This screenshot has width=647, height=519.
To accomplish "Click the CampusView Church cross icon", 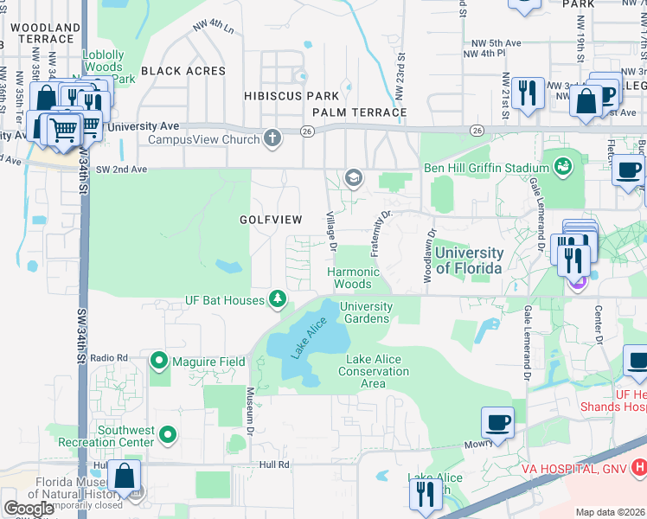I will pos(272,138).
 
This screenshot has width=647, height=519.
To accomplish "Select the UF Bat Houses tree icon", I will pos(277,300).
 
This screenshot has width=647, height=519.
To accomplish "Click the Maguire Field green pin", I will pos(159,360).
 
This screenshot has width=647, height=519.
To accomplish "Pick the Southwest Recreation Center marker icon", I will pos(169,435).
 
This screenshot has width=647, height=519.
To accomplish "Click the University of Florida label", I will pos(468,260).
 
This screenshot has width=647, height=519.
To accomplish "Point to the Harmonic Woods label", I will pos(353,278).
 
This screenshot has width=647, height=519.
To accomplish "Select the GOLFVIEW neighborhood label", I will pos(271,220).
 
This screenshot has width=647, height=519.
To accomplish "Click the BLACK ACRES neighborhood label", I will pos(183,71).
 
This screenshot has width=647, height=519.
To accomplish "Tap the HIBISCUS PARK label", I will pos(291,95).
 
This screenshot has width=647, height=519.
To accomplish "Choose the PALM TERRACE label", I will pos(359,112).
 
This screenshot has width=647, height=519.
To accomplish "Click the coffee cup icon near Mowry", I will pos(497,422).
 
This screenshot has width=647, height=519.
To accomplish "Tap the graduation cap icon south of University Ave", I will pos(353,178).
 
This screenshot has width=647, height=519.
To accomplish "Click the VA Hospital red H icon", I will pos(638,468).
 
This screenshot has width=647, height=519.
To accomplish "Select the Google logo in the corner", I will pos(29,509).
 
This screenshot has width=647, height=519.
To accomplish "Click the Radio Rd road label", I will pos(108,357).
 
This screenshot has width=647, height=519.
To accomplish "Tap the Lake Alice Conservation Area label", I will pos(377,371).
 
